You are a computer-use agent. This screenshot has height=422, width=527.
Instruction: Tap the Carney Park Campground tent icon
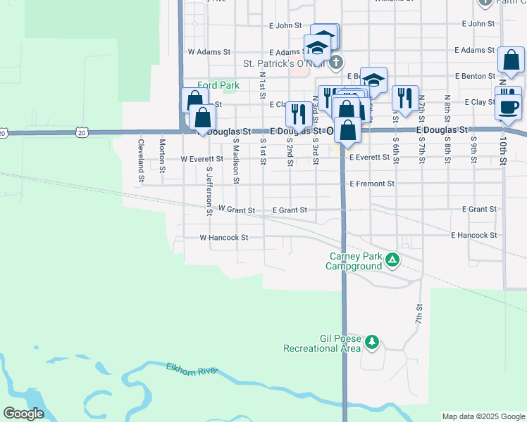pyautogui.click(x=392, y=262)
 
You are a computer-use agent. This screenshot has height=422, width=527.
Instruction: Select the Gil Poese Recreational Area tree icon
pyautogui.click(x=371, y=343)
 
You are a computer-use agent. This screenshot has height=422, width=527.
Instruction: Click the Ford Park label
pyautogui.click(x=218, y=85)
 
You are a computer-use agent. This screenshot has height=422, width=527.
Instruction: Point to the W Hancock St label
pyautogui.click(x=224, y=238)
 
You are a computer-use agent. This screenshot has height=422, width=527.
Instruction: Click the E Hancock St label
pyautogui.click(x=474, y=235)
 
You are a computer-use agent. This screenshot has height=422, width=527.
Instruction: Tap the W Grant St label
pyautogui.click(x=236, y=209)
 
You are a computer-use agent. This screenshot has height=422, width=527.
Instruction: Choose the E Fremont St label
pyautogui.click(x=371, y=184)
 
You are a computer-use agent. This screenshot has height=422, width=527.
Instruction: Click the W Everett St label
pyautogui.click(x=201, y=159)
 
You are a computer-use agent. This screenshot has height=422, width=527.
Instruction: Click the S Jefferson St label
pyautogui.click(x=209, y=187)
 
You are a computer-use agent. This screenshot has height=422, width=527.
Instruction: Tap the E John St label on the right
pyautogui.click(x=478, y=24)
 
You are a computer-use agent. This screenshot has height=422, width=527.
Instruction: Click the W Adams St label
pyautogui.click(x=209, y=52)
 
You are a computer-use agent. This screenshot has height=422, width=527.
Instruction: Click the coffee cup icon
pyautogui.click(x=509, y=108)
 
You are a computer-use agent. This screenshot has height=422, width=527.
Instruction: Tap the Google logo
pyautogui.click(x=23, y=414)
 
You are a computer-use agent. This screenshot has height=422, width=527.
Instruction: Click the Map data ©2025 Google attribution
pyautogui.click(x=483, y=416)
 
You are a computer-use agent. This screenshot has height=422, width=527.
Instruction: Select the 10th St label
pyautogui.click(x=503, y=151)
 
